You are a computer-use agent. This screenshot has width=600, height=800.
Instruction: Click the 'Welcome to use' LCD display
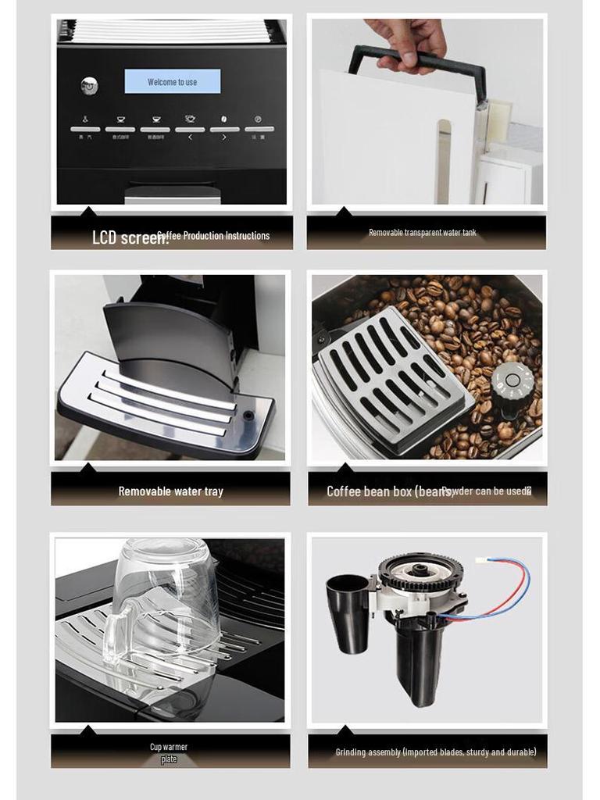click(172, 81)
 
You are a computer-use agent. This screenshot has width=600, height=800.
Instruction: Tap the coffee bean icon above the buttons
click(224, 120)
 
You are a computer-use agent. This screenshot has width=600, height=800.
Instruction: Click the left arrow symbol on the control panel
click(189, 137)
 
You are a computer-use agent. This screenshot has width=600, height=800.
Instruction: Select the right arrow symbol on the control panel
click(224, 137)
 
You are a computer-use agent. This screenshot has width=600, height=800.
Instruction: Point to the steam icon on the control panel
click(85, 120)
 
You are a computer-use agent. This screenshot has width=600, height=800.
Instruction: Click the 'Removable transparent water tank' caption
click(422, 233)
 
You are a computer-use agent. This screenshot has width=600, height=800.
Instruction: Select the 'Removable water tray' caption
click(170, 491)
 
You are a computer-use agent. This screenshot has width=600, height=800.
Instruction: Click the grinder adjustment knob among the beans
click(512, 382)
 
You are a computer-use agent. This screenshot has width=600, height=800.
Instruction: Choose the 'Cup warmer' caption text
click(169, 748)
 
